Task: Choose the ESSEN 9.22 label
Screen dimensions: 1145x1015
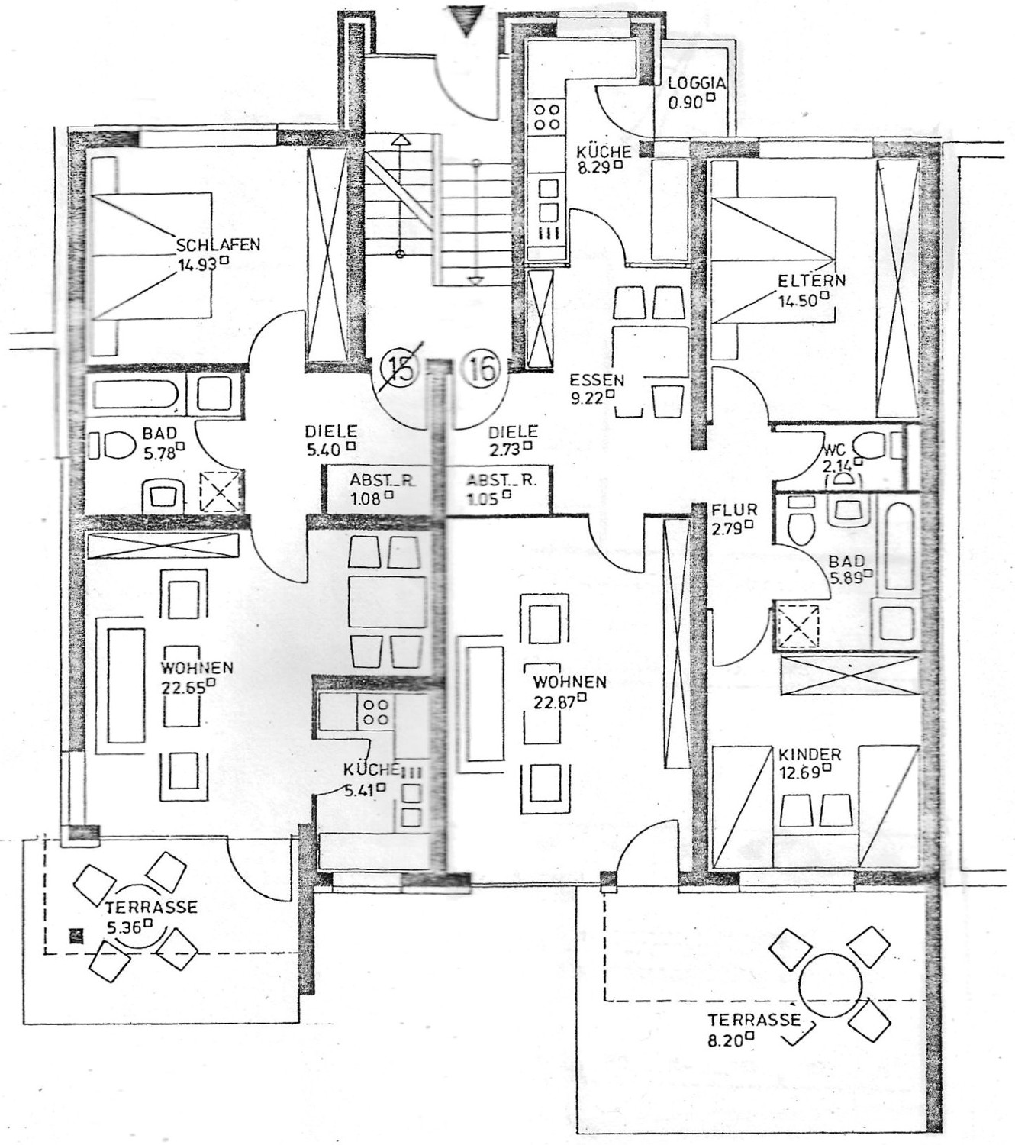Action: [x=597, y=387]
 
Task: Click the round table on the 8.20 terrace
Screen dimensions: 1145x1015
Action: [x=831, y=981]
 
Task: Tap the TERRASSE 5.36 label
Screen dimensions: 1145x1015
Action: [x=151, y=915]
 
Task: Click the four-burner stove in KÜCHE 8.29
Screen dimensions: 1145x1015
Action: [x=546, y=117]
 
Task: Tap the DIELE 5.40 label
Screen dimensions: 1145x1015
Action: [x=330, y=440]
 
